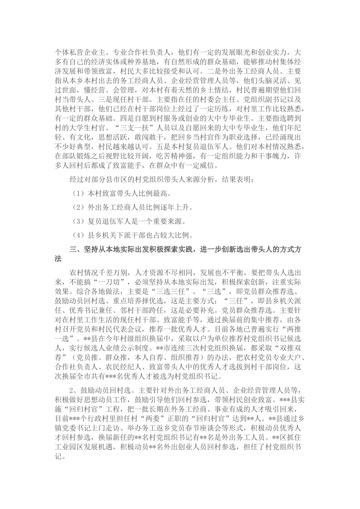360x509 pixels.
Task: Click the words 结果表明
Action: (x=238, y=179)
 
